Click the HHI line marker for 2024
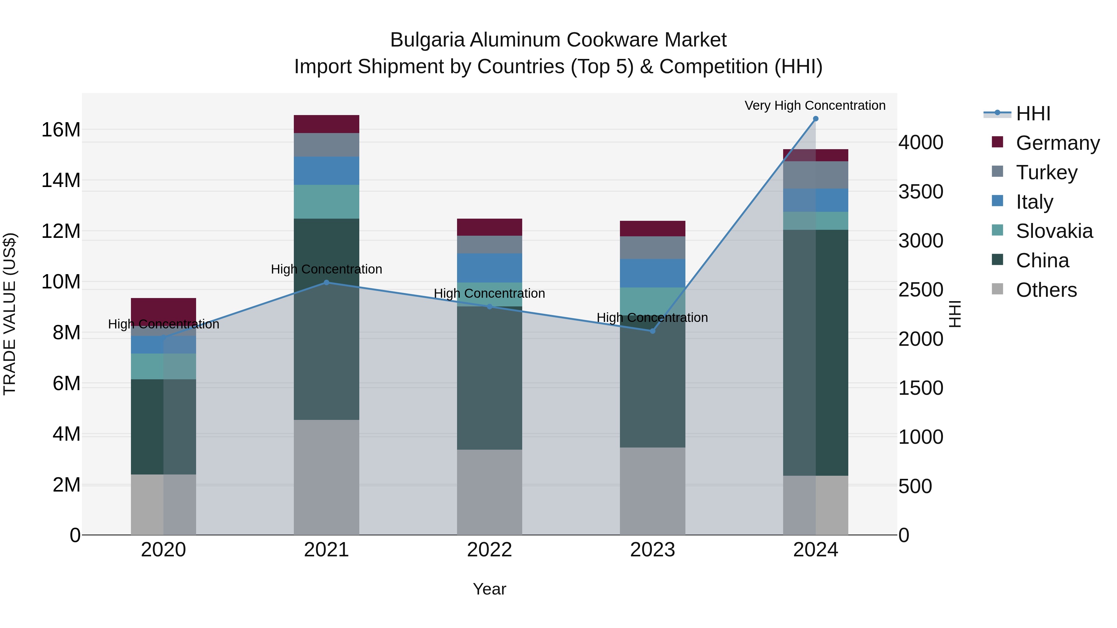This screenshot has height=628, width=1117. coord(815,119)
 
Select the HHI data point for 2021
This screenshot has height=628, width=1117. coord(326,283)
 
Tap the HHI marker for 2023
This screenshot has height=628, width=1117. coord(652,331)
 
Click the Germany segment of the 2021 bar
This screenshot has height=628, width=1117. coord(326,124)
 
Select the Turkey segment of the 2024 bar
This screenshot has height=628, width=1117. coord(815,175)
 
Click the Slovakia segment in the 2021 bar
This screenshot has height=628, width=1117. coord(326,202)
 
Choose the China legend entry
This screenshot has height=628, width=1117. coord(1042,261)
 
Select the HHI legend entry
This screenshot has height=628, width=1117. coord(1033,114)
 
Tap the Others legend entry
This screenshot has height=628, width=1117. coord(1046,290)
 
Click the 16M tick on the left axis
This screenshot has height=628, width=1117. coord(61,130)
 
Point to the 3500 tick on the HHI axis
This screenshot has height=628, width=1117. coord(921,192)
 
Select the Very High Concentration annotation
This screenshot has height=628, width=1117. coord(815,105)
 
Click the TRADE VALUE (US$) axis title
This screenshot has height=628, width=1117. coord(10,314)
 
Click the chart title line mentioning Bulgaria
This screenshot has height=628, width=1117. coord(558,40)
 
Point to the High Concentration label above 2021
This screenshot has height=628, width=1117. coord(326,269)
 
